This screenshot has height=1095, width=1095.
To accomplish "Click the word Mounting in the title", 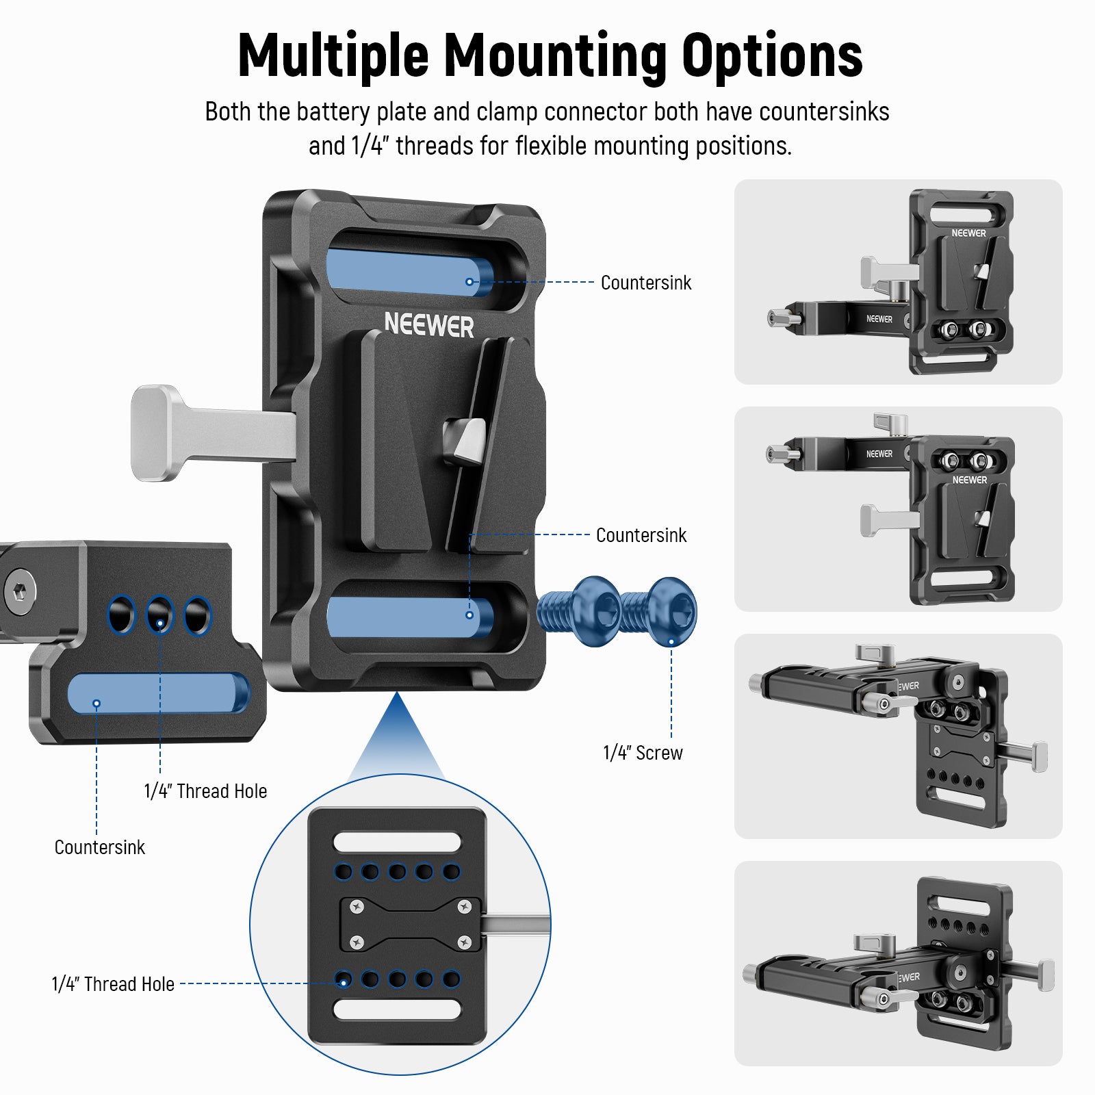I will [555, 56].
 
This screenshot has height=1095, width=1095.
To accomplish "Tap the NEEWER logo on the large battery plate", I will [428, 324].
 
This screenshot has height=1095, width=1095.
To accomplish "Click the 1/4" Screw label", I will [642, 753].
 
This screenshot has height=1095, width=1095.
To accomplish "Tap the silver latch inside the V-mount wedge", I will [465, 439].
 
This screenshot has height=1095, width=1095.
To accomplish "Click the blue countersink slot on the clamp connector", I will [158, 693].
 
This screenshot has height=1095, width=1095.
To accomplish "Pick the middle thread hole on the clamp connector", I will [160, 615].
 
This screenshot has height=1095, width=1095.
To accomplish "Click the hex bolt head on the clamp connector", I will [20, 591].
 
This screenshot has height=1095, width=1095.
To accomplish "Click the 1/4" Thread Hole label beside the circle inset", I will [113, 984].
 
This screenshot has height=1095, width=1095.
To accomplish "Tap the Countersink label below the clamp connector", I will [99, 847].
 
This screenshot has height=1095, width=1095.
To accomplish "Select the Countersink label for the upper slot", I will [645, 283].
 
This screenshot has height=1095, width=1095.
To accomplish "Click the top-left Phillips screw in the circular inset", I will [356, 907].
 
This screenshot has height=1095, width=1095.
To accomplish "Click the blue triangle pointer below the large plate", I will [397, 739].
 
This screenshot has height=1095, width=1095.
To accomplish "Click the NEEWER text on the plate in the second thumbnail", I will [969, 480].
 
